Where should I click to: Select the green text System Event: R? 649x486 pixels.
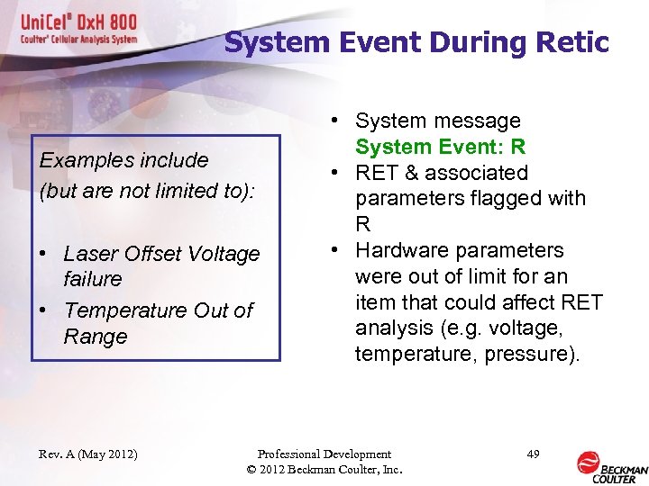pyautogui.click(x=440, y=147)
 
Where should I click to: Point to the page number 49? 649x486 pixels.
pyautogui.click(x=533, y=454)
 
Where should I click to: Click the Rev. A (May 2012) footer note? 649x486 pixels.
pyautogui.click(x=88, y=454)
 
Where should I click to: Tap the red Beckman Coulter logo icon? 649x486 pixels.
pyautogui.click(x=589, y=463)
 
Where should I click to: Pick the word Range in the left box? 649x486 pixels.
pyautogui.click(x=96, y=337)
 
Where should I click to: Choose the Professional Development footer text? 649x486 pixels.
pyautogui.click(x=324, y=454)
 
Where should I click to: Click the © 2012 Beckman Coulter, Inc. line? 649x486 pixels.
pyautogui.click(x=324, y=469)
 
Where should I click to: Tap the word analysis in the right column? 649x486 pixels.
pyautogui.click(x=394, y=328)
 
